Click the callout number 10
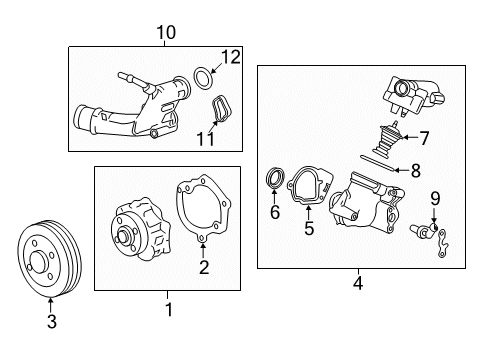[x=166, y=32]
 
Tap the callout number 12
[x=232, y=58]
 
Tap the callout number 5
[x=309, y=229]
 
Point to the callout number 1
[x=168, y=310]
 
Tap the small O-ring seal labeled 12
[x=202, y=75]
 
